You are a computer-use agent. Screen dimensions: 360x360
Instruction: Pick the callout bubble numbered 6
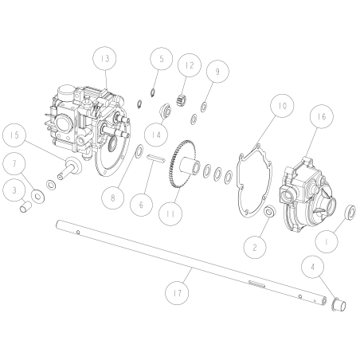pos(142,203)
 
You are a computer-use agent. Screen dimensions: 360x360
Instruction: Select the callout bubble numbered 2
pos(255,247)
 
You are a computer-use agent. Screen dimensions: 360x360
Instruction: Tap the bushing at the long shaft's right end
pos(335,303)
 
